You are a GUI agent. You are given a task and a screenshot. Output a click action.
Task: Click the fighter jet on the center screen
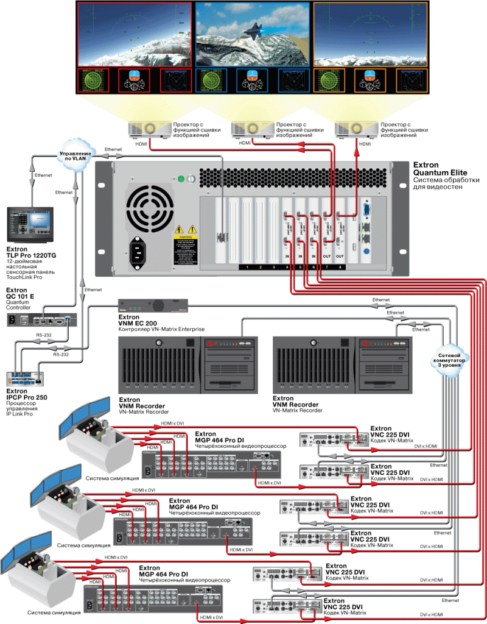(x=252, y=29)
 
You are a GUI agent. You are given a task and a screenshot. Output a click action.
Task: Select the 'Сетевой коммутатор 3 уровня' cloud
(x=451, y=357)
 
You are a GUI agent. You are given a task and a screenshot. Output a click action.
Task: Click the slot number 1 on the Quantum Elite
(x=246, y=268)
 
